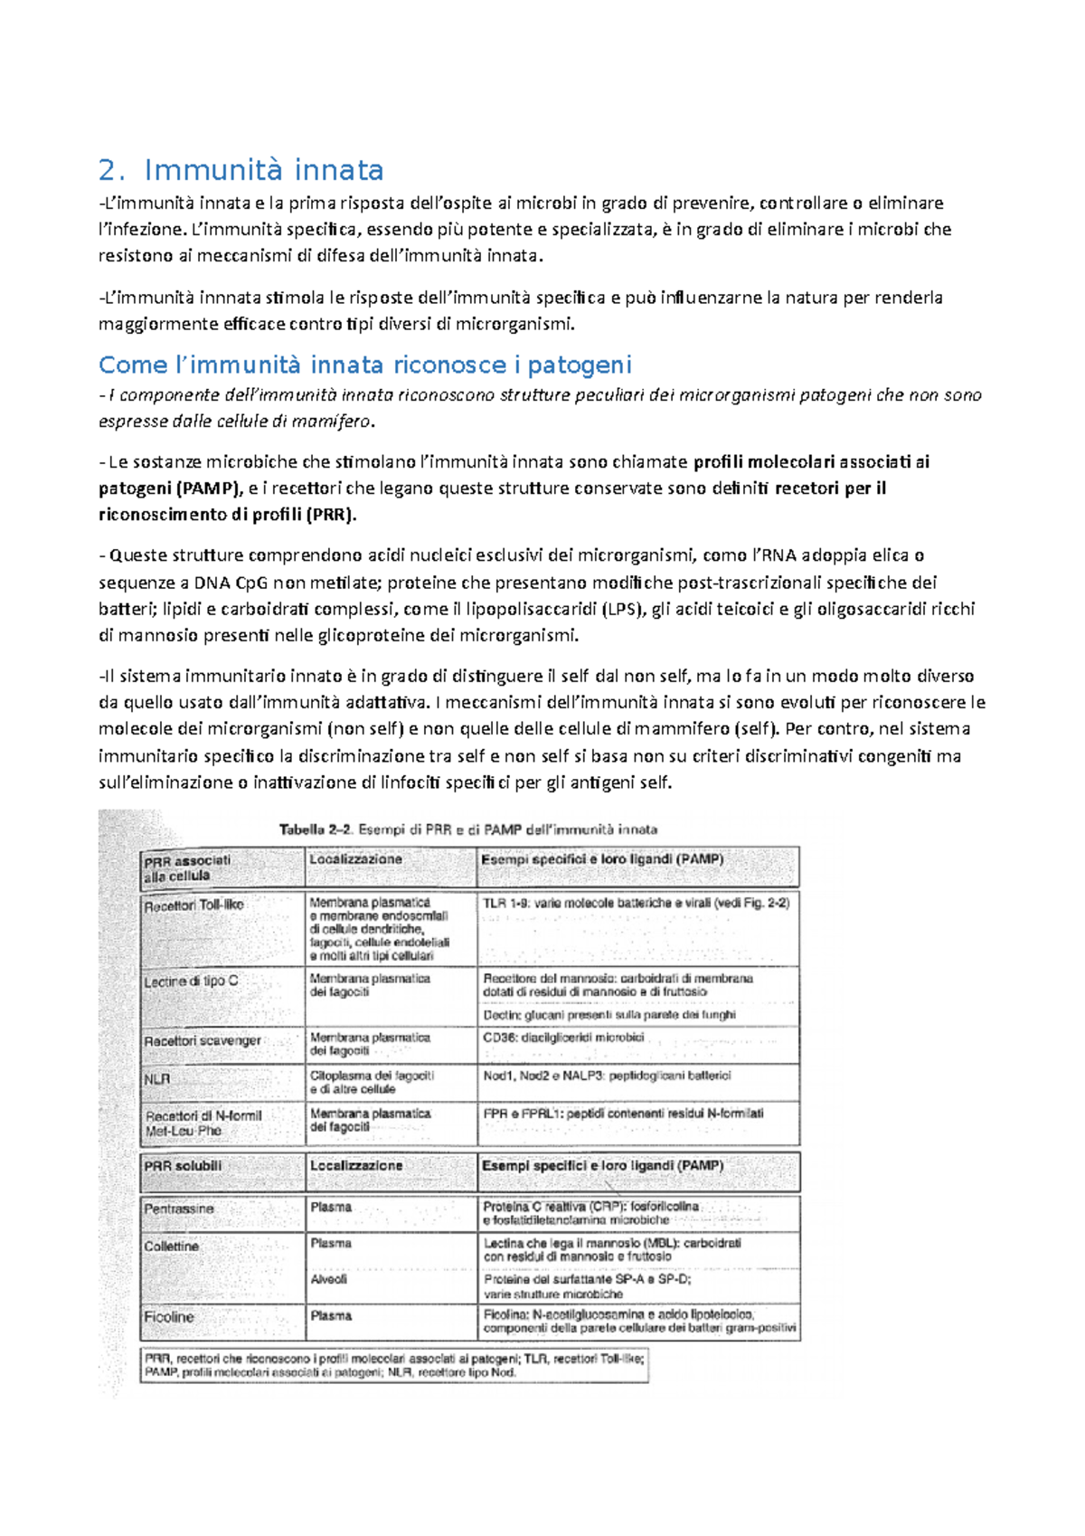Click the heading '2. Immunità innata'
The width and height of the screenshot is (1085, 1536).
pyautogui.click(x=241, y=170)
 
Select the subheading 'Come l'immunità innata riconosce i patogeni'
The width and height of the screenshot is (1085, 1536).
pyautogui.click(x=364, y=365)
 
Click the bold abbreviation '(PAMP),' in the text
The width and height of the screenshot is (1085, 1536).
pyautogui.click(x=210, y=488)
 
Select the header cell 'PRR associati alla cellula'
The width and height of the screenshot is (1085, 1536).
pyautogui.click(x=188, y=868)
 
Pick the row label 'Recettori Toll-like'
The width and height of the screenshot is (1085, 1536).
pyautogui.click(x=193, y=905)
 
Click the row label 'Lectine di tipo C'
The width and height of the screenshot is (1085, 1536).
pyautogui.click(x=191, y=981)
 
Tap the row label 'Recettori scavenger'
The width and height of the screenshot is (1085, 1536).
pyautogui.click(x=203, y=1040)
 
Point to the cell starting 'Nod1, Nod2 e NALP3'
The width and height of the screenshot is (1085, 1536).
pyautogui.click(x=606, y=1076)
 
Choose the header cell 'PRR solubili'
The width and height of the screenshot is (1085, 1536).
pyautogui.click(x=183, y=1166)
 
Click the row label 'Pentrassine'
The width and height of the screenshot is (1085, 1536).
pyautogui.click(x=179, y=1209)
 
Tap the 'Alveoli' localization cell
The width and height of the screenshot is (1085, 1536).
pyautogui.click(x=328, y=1279)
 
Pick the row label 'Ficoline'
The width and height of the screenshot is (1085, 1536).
pyautogui.click(x=168, y=1317)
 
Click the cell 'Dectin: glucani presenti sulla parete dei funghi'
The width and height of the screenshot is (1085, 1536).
pyautogui.click(x=609, y=1015)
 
